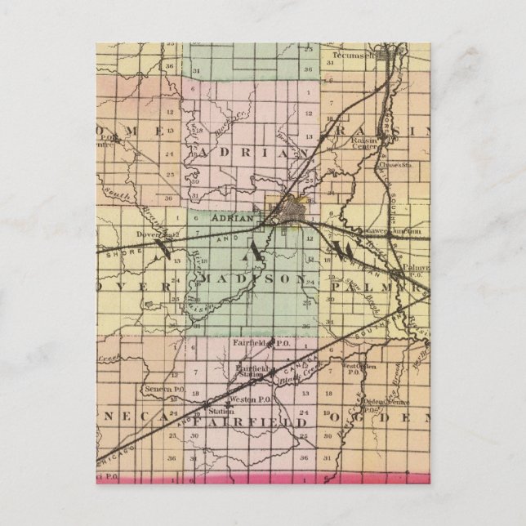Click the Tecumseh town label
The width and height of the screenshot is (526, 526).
[x=354, y=56]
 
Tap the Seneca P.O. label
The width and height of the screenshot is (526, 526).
[x=160, y=389]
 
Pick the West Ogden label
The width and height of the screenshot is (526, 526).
[x=360, y=366]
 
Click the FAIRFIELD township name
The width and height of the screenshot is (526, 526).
[x=255, y=423]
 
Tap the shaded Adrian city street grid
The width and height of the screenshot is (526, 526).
[x=291, y=212]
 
